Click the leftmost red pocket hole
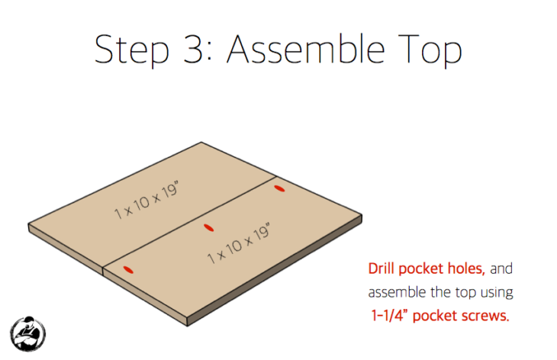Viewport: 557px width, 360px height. pyautogui.click(x=128, y=268)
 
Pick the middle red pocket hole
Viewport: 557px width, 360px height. pyautogui.click(x=206, y=227)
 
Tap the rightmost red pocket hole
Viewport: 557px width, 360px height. pyautogui.click(x=279, y=188)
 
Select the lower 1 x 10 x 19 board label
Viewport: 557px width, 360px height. pyautogui.click(x=239, y=244)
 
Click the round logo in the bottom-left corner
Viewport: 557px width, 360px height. pyautogui.click(x=27, y=333)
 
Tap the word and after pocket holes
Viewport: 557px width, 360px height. pyautogui.click(x=501, y=269)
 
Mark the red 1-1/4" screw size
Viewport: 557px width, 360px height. pyautogui.click(x=394, y=315)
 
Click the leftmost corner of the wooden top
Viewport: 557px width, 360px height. pyautogui.click(x=30, y=227)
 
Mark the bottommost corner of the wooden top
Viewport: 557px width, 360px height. pyautogui.click(x=185, y=324)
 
